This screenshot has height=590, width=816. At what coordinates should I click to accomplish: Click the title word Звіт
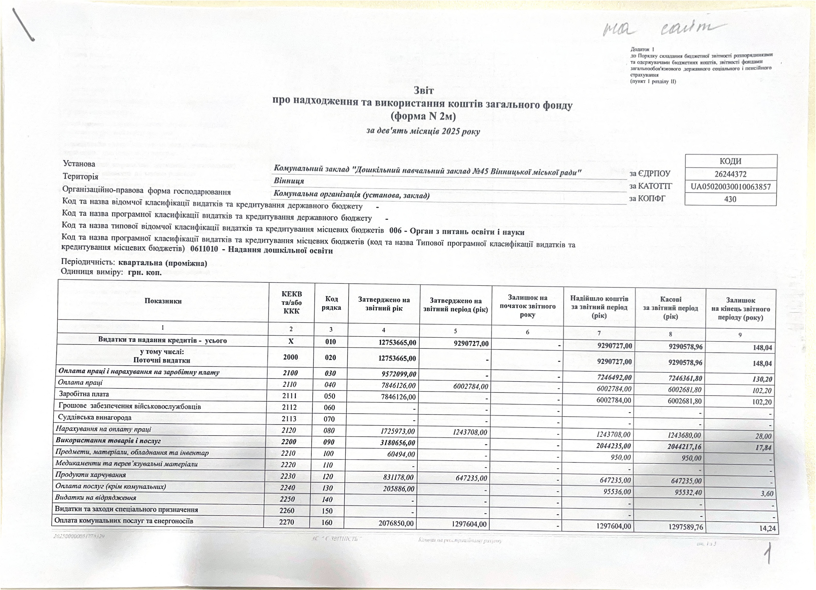click(x=423, y=90)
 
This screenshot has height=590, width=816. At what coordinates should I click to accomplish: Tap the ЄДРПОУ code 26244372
click(x=730, y=174)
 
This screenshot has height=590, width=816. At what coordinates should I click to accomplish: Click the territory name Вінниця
click(x=289, y=181)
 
